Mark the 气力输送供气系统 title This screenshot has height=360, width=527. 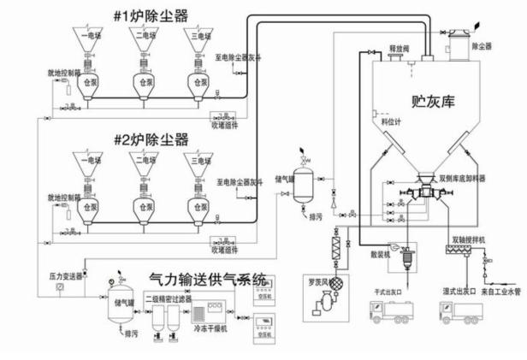coord(207,280)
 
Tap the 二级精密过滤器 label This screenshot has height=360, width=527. coord(168,298)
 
